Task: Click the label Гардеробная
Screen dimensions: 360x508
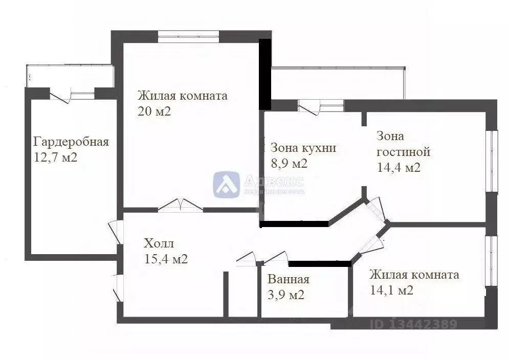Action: [x=71, y=142]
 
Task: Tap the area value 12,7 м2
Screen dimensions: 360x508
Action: [x=55, y=157]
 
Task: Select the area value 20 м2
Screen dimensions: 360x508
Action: [x=154, y=111]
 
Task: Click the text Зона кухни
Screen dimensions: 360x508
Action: [x=303, y=148]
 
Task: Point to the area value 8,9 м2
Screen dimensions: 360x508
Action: [x=289, y=164]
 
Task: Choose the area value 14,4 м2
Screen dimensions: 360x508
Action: [x=399, y=167]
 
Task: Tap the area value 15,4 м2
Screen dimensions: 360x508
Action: [x=166, y=259]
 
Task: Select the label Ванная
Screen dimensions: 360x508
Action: [x=289, y=279]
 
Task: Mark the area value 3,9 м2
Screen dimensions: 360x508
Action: [x=286, y=295]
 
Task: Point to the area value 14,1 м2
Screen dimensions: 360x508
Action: [x=391, y=290]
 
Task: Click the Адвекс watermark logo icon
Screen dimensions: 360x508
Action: [x=227, y=184]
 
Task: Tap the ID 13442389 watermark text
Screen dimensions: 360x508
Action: [x=413, y=324]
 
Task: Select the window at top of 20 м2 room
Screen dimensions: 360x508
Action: [x=188, y=37]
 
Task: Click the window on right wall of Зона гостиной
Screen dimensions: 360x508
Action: [x=491, y=161]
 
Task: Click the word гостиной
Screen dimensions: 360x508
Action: [x=403, y=152]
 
